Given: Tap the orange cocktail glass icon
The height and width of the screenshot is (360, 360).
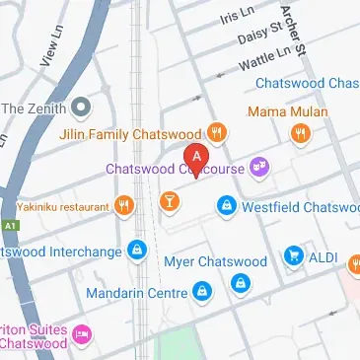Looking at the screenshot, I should pos(170,202).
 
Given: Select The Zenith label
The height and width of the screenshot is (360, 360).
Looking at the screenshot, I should pos(36,107).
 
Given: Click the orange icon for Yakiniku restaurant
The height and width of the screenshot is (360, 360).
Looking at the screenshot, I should pos(123,206).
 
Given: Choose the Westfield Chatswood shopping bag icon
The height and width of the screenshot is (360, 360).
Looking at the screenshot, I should pos(227,206).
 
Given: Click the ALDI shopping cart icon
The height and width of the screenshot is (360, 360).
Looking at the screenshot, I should pos(293,255).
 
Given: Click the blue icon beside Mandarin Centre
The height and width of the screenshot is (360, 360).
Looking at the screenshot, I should pos(201,290).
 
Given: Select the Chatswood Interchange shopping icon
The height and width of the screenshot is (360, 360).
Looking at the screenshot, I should pos(139,251).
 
